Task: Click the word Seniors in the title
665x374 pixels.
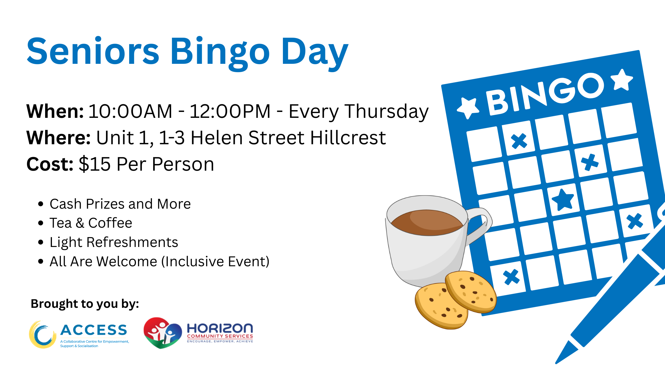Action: [x=93, y=51]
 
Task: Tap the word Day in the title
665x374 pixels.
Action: [x=315, y=53]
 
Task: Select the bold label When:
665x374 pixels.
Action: [x=55, y=111]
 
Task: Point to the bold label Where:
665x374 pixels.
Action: [x=58, y=138]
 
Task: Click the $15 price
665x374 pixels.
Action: [x=94, y=164]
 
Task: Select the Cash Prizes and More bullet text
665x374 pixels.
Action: [x=120, y=204]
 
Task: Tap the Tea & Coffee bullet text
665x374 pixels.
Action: [x=91, y=223]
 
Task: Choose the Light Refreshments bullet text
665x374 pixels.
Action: [x=114, y=242]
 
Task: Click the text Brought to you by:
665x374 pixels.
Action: [x=85, y=304]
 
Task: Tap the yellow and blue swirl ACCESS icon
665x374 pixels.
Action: [x=42, y=334]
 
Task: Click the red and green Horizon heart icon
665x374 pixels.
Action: [x=162, y=333]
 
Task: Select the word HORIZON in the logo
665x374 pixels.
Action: [x=220, y=328]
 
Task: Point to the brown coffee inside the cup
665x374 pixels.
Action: [x=427, y=223]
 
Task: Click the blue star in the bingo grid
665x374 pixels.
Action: [x=563, y=199]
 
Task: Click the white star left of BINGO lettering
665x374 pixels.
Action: [x=468, y=107]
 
